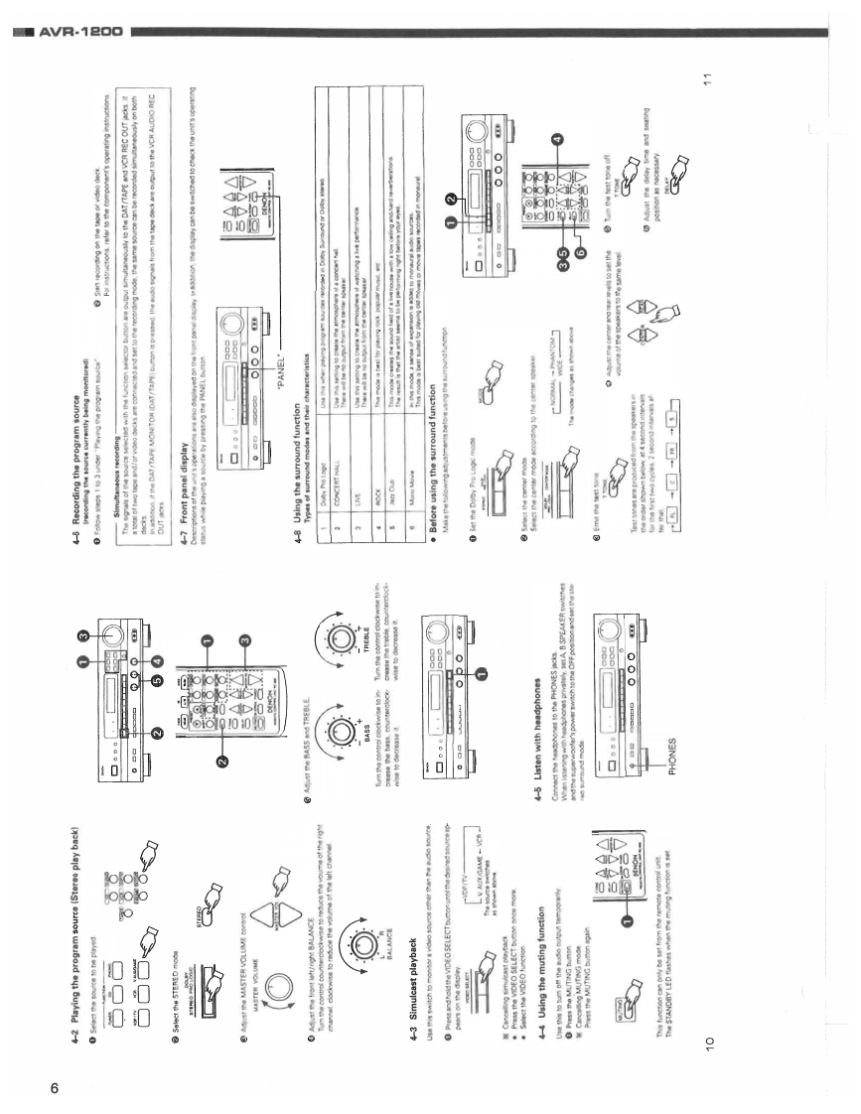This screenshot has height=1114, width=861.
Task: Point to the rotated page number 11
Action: coord(706,88)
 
